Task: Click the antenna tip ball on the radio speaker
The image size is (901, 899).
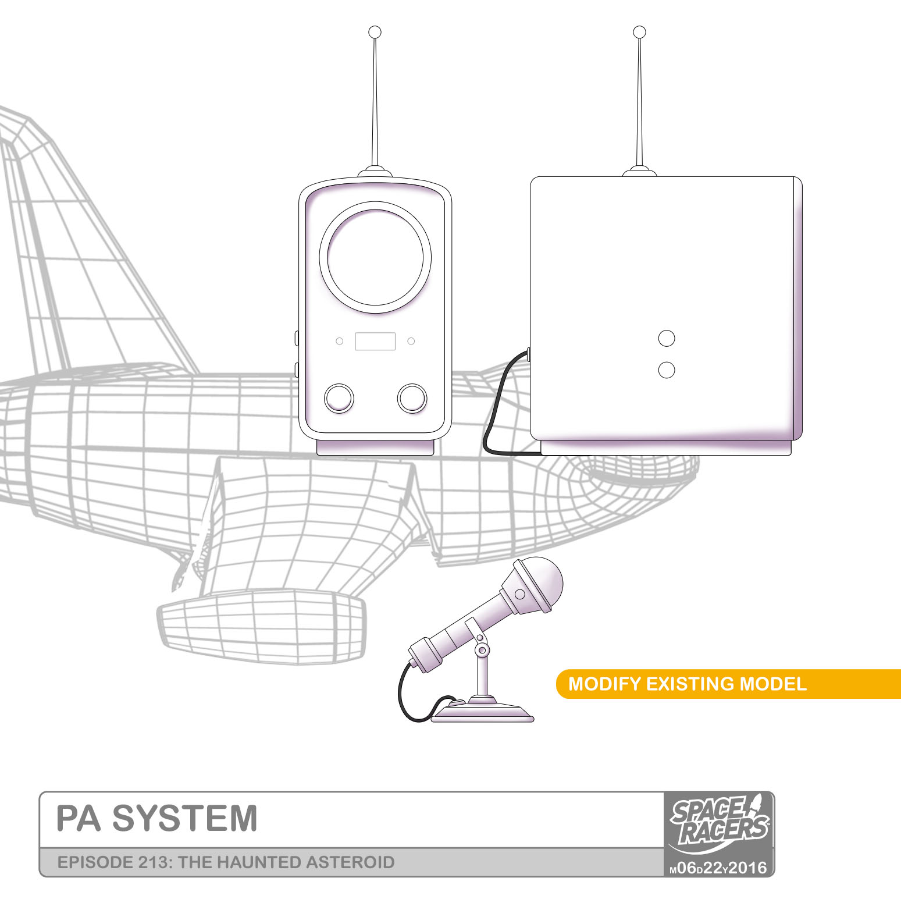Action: pos(375,31)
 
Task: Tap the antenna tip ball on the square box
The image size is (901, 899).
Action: pos(639,31)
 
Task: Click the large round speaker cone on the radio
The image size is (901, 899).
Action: pos(375,257)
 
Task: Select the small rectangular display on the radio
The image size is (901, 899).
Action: pos(375,342)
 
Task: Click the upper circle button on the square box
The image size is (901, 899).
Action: pos(667,338)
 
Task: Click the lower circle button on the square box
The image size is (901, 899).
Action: pos(667,369)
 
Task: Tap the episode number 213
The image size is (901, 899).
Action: pos(154,862)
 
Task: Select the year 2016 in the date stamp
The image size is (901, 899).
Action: pos(748,868)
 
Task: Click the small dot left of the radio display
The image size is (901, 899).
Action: pos(340,341)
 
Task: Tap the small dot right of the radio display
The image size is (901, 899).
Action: pos(411,341)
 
